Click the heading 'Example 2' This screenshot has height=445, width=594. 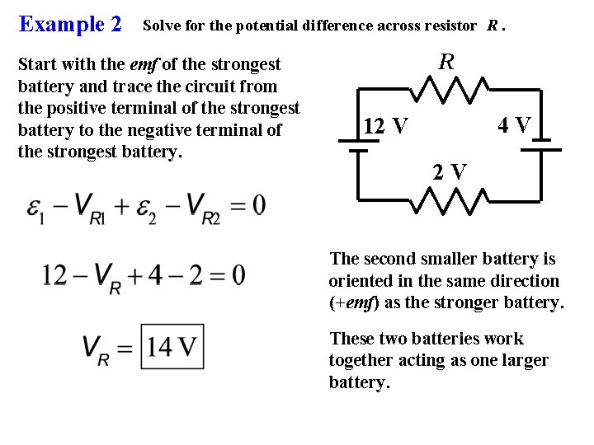pos(70,24)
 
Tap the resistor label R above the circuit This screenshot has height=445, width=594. pos(446,61)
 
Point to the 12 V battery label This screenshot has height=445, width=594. pos(385,127)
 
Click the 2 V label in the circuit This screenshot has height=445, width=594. pos(450,172)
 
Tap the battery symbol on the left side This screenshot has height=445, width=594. pos(356,145)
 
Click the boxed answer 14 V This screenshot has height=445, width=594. pos(172,347)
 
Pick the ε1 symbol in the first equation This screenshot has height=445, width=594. pos(35,206)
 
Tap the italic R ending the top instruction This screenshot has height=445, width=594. pos(492,26)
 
